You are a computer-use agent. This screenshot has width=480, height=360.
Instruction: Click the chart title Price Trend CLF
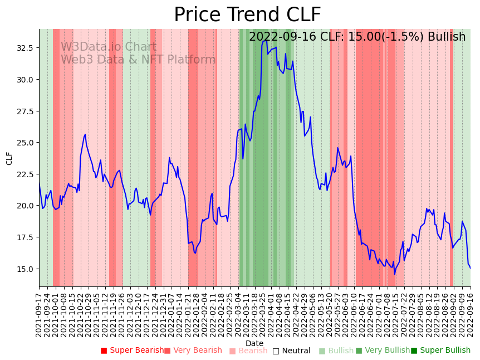coord(247,15)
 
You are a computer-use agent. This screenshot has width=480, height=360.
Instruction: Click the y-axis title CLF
coord(9,158)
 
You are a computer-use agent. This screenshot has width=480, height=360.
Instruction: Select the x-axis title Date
coord(254,343)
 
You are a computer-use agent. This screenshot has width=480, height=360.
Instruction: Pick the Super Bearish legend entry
coord(133,351)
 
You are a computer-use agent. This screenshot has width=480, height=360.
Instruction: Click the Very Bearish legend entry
coord(193,351)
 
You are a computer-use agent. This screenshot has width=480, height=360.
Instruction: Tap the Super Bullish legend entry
coord(440,351)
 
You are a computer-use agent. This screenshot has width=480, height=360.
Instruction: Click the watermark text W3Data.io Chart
coord(108,47)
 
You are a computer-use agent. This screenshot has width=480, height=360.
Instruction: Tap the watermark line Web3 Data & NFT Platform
coord(138,60)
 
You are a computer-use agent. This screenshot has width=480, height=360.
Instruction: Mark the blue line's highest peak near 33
coord(266,40)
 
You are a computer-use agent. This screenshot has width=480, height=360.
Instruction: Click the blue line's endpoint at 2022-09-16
coord(471,269)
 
